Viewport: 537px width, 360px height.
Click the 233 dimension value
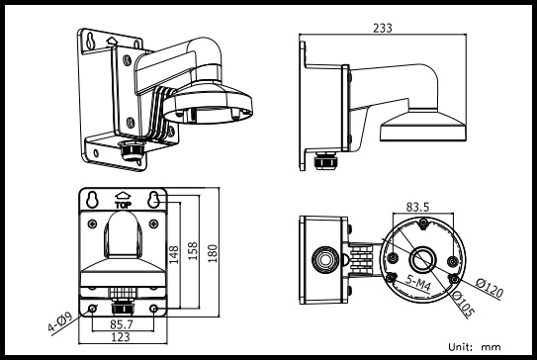click(382, 28)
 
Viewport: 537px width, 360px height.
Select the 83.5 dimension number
click(417, 207)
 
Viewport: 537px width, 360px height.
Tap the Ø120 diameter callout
click(490, 288)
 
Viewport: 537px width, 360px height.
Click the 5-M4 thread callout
click(417, 282)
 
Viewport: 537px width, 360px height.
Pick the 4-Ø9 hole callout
click(60, 322)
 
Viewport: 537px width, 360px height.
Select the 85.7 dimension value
click(122, 324)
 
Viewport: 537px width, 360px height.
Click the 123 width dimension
click(121, 337)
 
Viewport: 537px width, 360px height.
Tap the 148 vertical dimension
click(174, 254)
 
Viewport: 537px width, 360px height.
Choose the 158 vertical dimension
click(193, 251)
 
